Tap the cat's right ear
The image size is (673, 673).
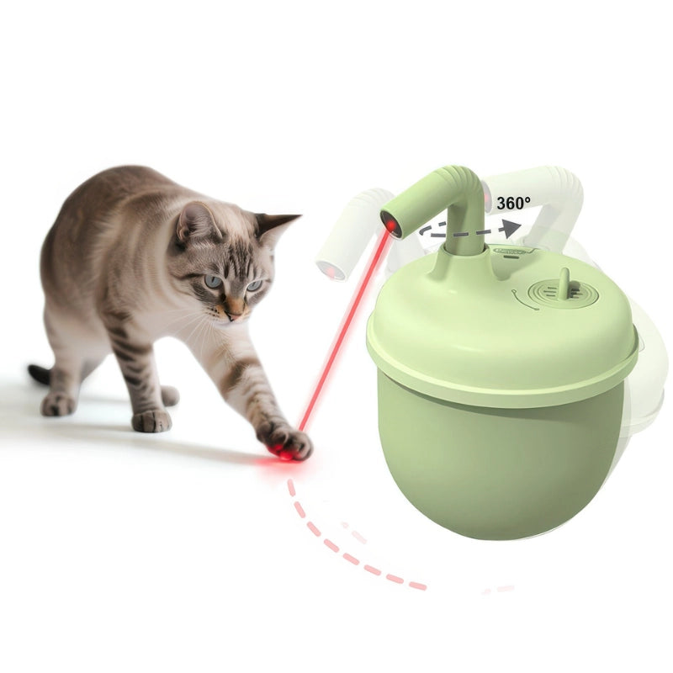(x=195, y=221)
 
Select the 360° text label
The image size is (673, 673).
(x=513, y=203)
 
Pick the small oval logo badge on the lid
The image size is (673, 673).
(x=510, y=251)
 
